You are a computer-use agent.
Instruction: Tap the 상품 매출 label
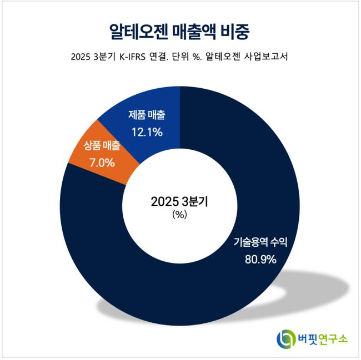point(102,147)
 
